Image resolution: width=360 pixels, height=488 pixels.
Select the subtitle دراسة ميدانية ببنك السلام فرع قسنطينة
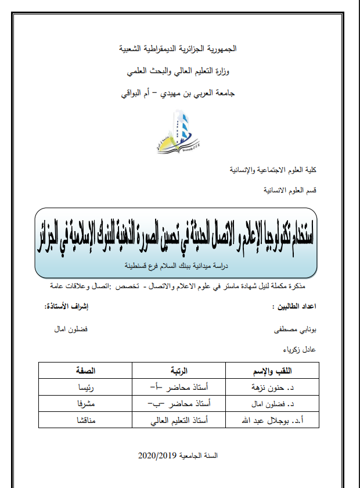tap(178, 266)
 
